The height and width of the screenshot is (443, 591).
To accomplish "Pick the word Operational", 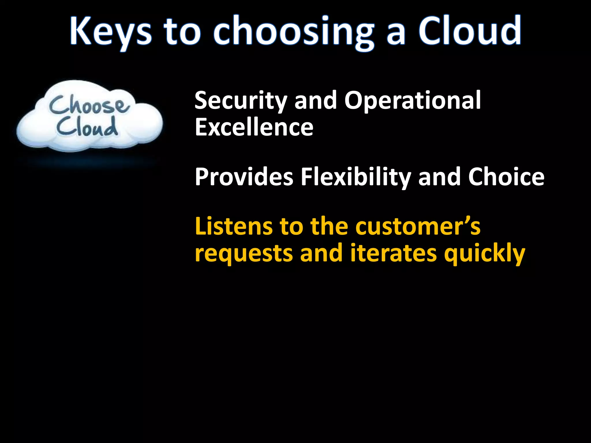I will tap(412, 101).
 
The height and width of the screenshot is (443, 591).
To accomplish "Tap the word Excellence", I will tap(254, 127).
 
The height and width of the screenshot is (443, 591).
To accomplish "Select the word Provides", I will tap(244, 177).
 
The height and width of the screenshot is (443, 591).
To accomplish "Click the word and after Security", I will tap(315, 101).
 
